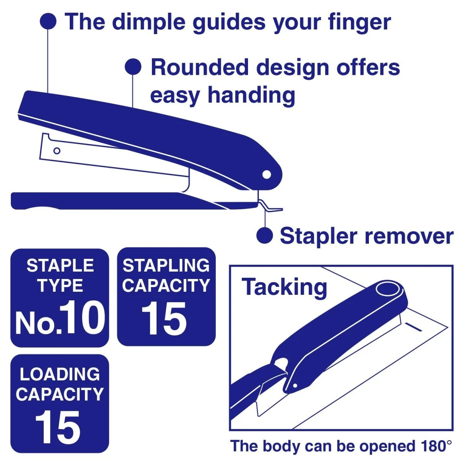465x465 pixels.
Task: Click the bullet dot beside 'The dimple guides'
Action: coord(48,21)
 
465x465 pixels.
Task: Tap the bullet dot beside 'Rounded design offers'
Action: coord(133,67)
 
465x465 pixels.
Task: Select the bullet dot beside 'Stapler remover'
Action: coord(265,235)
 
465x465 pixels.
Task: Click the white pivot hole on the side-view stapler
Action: coord(267,174)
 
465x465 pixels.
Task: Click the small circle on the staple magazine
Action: coord(57,151)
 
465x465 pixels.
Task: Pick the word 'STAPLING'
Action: coord(166,266)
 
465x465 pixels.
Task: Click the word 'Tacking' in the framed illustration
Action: coord(285,287)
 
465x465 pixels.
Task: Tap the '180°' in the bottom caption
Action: coord(435,446)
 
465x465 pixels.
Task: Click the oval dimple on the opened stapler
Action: coord(387,289)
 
